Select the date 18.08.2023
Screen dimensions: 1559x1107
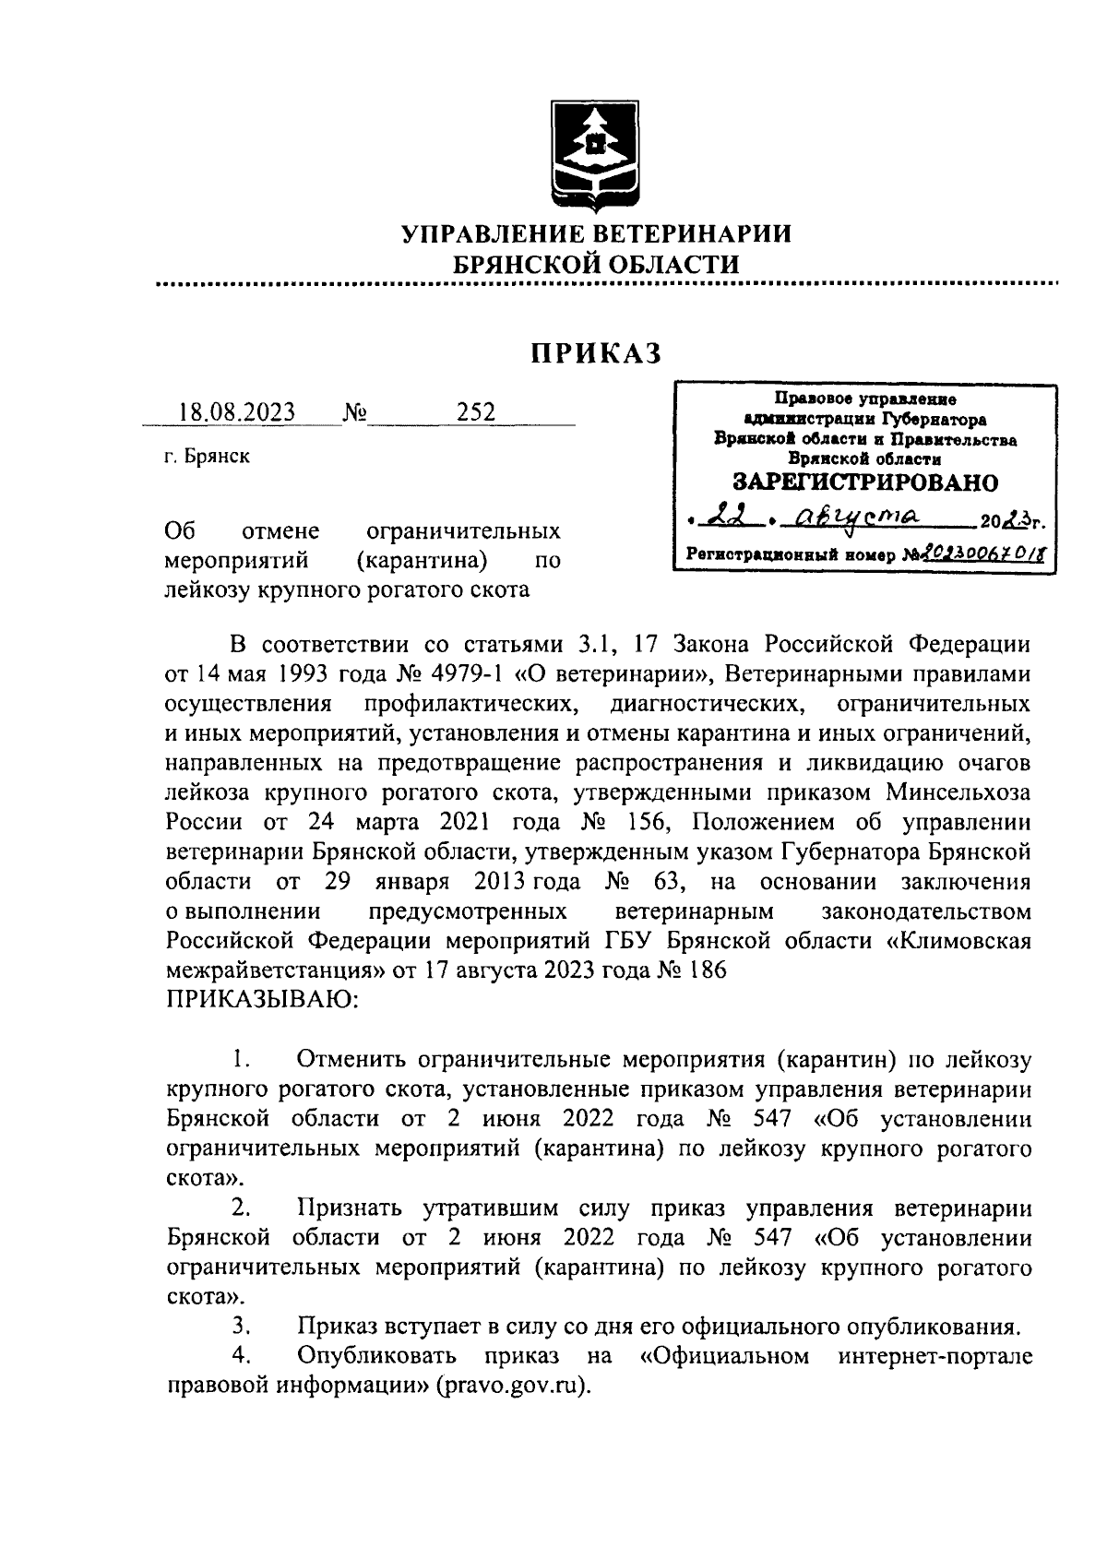point(237,411)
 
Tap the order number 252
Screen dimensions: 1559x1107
point(476,411)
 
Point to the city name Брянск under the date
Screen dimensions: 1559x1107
point(217,457)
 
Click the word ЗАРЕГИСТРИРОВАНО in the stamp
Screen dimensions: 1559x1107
point(864,482)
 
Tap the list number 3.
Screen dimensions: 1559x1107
point(242,1327)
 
